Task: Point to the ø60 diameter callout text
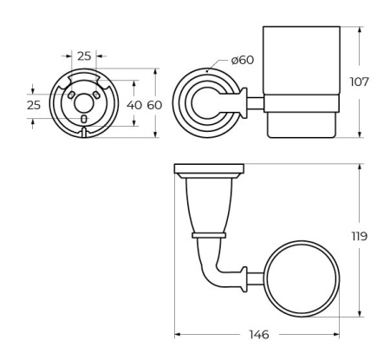[x=243, y=60]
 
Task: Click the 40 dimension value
[x=134, y=104]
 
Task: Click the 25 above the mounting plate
[x=84, y=56]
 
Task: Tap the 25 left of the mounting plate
[x=33, y=104]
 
